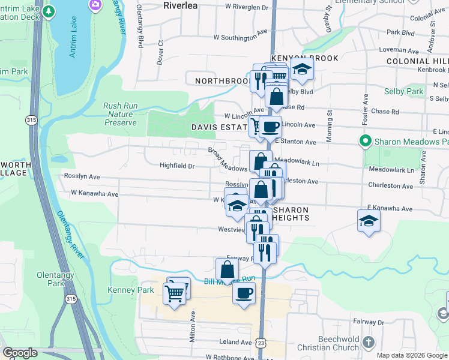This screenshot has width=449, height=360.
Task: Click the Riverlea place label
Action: [182, 5]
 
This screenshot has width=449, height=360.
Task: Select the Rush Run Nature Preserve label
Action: [120, 114]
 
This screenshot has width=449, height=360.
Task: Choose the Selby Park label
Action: [404, 91]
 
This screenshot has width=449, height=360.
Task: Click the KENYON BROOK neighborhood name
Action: [304, 58]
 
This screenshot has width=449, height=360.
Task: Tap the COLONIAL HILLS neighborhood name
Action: [417, 61]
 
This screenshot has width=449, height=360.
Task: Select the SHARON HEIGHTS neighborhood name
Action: [291, 214]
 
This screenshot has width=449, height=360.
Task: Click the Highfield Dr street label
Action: [177, 166]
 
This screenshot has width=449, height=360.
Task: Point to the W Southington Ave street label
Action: [240, 38]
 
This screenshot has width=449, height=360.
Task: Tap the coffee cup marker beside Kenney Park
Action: [244, 293]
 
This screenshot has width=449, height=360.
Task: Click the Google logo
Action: [20, 353]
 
